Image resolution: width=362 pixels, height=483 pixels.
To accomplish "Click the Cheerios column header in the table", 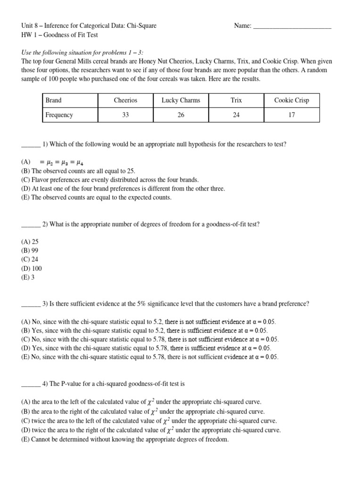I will tap(125, 100).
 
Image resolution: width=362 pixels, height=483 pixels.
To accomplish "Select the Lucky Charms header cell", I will tap(181, 100).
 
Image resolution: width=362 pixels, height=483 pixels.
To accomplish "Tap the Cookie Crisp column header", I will tap(292, 100).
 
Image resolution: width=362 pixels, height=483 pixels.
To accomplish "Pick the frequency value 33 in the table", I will tap(125, 115).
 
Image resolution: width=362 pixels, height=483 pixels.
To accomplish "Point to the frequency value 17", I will tap(292, 115).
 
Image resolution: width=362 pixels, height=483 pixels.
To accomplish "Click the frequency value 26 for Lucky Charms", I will tap(181, 115).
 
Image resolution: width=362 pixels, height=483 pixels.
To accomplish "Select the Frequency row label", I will tap(59, 115).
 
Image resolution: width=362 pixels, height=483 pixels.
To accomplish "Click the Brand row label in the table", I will tap(53, 100).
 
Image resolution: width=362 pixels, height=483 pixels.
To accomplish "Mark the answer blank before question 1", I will tap(31, 145).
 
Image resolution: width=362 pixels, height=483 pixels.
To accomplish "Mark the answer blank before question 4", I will tap(31, 383).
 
